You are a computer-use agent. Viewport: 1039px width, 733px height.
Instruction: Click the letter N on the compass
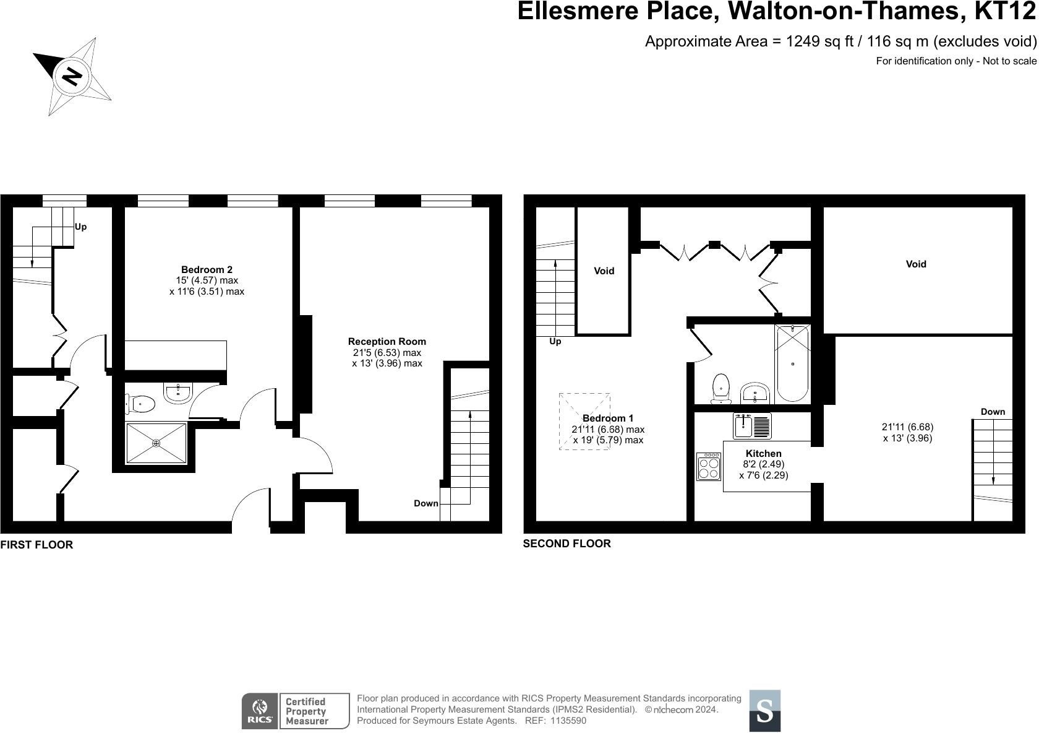tap(72, 76)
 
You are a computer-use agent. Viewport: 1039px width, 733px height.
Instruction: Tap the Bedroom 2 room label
tap(207, 270)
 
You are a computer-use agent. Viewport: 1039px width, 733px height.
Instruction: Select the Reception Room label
tap(387, 342)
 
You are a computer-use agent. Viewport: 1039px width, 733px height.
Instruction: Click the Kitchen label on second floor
tap(763, 454)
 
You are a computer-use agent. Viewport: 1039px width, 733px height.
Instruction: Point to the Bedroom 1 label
tap(607, 419)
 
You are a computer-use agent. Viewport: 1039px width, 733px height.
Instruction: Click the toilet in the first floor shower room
tap(140, 404)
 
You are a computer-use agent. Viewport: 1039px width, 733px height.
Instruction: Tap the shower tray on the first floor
tap(156, 443)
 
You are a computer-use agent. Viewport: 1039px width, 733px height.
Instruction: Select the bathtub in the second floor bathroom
tap(793, 363)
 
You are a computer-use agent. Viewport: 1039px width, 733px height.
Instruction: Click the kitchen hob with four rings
tap(709, 467)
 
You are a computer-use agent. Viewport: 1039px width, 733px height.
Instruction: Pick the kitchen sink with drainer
tap(752, 426)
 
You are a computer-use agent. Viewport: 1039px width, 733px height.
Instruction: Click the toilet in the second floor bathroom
tap(721, 388)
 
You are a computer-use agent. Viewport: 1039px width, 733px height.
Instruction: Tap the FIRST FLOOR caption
tap(36, 545)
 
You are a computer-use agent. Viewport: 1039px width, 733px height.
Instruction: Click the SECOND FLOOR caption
tap(567, 544)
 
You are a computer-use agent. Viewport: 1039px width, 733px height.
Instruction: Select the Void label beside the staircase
tap(604, 271)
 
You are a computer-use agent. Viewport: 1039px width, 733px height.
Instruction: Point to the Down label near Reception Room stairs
tap(425, 504)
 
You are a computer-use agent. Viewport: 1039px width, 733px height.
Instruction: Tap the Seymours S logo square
tap(765, 711)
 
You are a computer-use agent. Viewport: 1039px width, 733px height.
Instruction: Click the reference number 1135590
tap(568, 721)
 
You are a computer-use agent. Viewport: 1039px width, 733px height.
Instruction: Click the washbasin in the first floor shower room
tap(177, 393)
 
